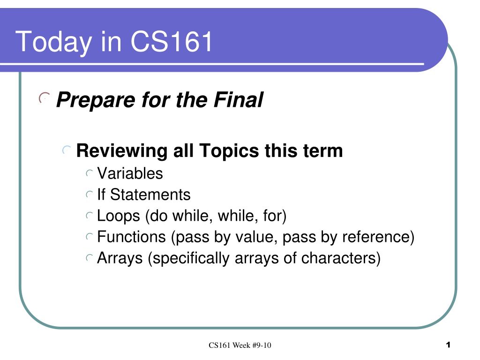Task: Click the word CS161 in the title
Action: tap(172, 41)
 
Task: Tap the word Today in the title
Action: tap(53, 43)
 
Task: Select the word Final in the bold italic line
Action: tap(239, 100)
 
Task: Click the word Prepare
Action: tap(96, 101)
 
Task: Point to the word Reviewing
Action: tap(122, 151)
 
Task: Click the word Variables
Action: tap(130, 173)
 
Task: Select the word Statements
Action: tap(150, 195)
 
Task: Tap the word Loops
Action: tap(119, 216)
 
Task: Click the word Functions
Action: tap(131, 237)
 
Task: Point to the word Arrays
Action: tap(120, 258)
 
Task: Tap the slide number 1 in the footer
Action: tap(448, 345)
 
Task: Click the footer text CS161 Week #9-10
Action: tap(240, 345)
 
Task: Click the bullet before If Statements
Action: tap(89, 195)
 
